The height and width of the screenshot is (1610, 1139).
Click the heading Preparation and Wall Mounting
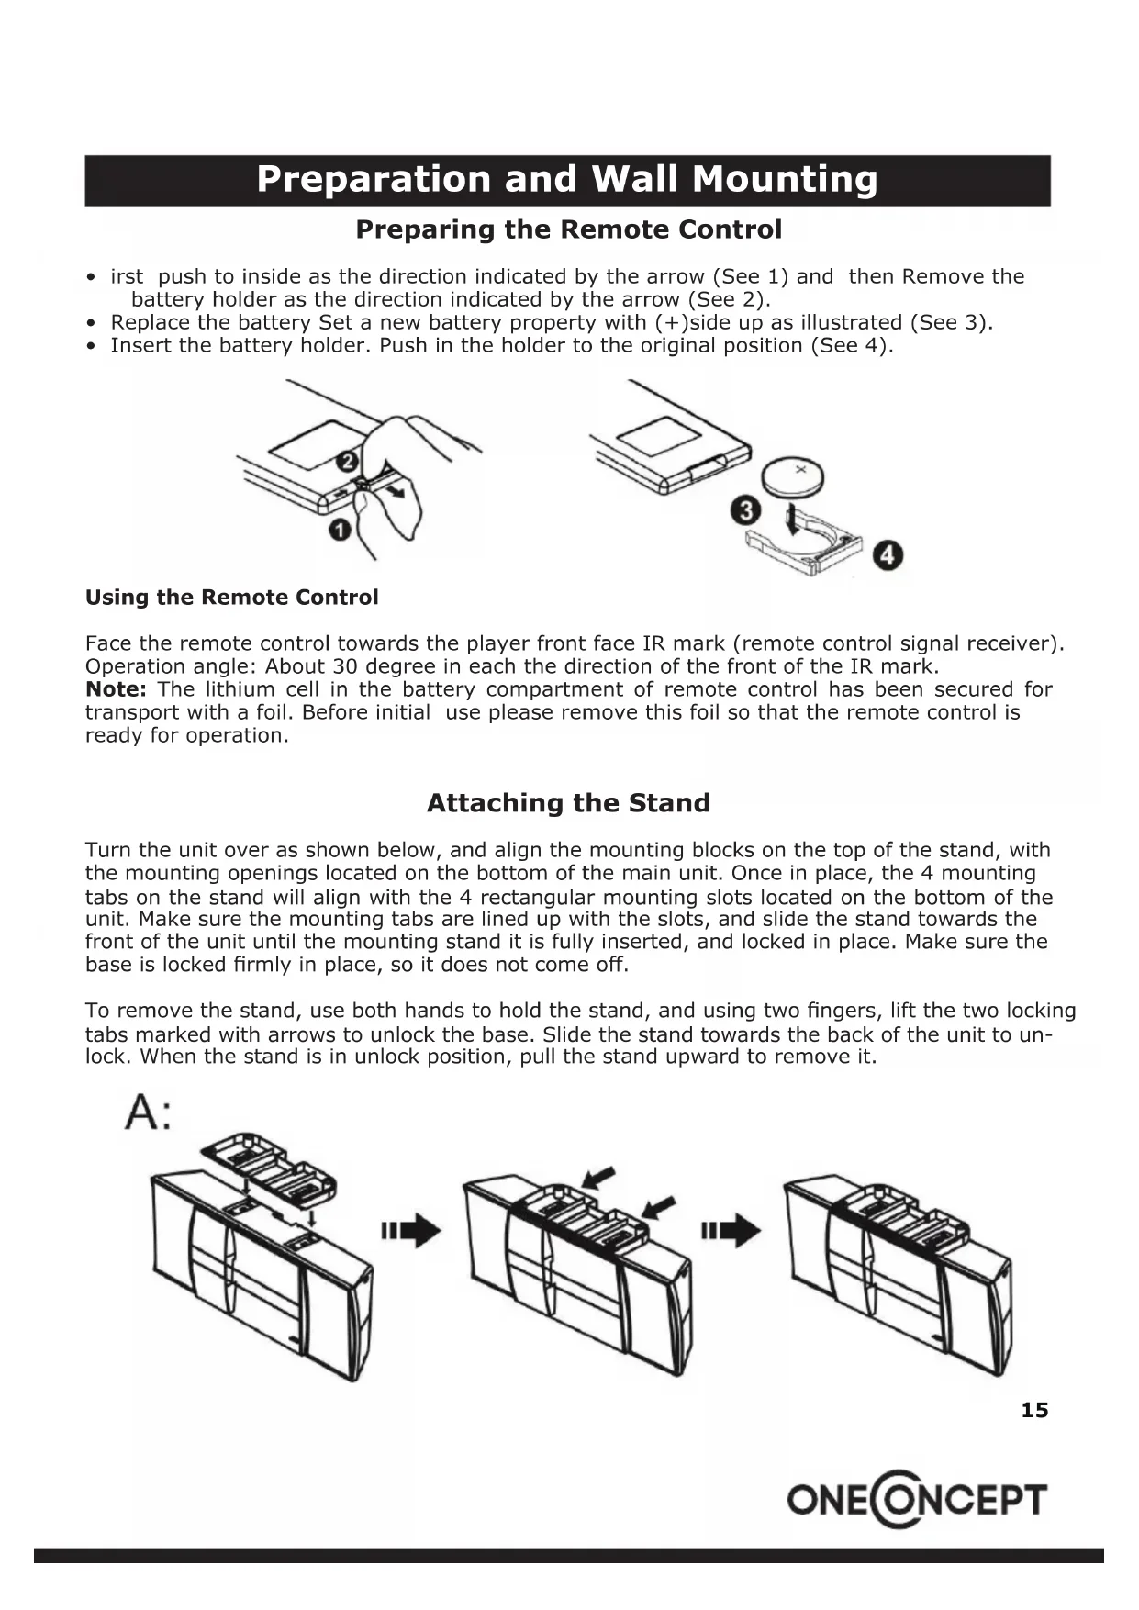pyautogui.click(x=567, y=180)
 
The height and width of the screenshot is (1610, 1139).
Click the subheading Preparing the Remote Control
pyautogui.click(x=568, y=229)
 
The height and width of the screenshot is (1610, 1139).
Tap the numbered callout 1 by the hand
pyautogui.click(x=340, y=531)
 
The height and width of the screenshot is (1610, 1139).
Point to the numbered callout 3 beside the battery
pyautogui.click(x=745, y=510)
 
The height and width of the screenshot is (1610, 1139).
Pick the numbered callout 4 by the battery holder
pyautogui.click(x=888, y=555)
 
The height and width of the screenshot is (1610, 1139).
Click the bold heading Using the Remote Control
pyautogui.click(x=231, y=598)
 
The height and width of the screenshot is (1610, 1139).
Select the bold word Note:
pyautogui.click(x=116, y=689)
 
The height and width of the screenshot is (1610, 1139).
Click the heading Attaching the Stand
pyautogui.click(x=568, y=803)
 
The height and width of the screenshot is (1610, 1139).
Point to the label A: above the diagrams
pyautogui.click(x=147, y=1113)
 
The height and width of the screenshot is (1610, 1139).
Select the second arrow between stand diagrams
pyautogui.click(x=731, y=1230)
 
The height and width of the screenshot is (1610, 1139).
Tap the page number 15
pyautogui.click(x=1034, y=1410)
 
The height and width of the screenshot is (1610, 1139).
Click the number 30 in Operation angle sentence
pyautogui.click(x=344, y=666)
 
